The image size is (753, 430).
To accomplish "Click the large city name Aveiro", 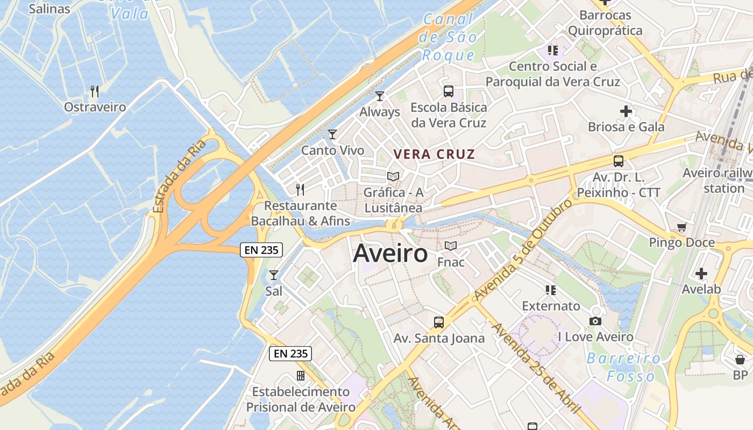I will pos(390,254).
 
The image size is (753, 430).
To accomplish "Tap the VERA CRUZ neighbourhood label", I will pos(434,154).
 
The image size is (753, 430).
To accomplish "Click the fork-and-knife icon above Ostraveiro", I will pos(95,91).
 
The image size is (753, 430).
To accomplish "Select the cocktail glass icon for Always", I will pos(380,96).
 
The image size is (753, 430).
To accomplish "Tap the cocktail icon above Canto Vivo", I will pos(332,134).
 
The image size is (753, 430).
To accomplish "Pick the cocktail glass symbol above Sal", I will pos(274,275).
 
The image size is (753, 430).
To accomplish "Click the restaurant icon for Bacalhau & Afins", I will pos(300,189).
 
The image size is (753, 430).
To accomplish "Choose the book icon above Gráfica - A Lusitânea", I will pos(393,176).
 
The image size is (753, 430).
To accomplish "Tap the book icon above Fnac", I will pos(451,246).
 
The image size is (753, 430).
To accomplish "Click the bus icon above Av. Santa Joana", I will pos(439,322).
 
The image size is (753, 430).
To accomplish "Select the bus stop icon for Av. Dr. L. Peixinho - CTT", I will pos(619,161).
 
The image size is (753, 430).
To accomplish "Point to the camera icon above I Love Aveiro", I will pos(595,321).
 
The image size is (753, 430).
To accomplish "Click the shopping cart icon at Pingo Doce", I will pos(681,227).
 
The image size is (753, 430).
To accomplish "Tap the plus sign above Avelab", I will pos(701,274).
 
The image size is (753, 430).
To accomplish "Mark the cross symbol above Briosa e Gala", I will pos(626,111).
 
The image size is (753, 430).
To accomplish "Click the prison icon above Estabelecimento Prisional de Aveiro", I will pos(301,375).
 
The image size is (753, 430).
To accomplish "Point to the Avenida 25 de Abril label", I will pos(536,368).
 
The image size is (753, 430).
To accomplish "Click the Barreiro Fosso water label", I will pos(624,367).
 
